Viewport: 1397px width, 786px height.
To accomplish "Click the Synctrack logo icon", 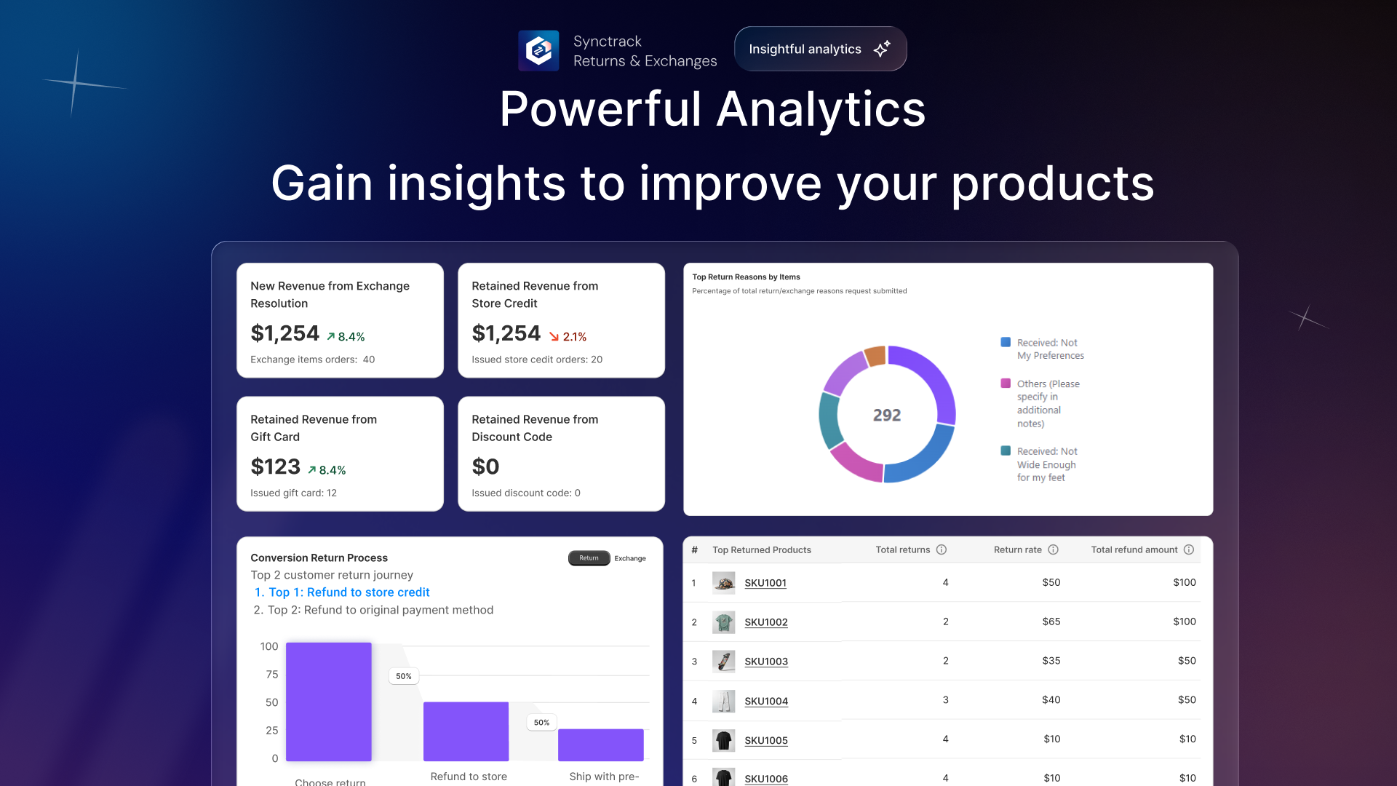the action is (x=538, y=50).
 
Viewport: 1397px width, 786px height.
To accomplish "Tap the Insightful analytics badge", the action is (x=820, y=49).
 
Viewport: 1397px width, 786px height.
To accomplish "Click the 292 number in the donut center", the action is (x=887, y=415).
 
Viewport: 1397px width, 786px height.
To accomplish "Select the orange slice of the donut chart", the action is (x=875, y=357).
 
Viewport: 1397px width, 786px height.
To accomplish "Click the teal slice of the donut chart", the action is (x=830, y=421).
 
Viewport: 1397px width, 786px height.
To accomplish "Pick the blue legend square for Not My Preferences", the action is (x=1006, y=342).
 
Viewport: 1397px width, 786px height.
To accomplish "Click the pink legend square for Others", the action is (x=1006, y=384).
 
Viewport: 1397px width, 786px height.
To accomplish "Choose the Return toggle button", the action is (x=589, y=558).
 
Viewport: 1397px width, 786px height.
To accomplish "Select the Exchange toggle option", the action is (x=630, y=558).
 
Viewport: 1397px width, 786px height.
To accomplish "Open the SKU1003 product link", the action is (x=766, y=662).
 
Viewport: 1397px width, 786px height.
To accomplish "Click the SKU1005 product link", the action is (x=766, y=740).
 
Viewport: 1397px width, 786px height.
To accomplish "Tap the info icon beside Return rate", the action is (x=1053, y=549).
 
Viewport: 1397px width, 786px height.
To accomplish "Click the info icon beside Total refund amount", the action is (x=1189, y=549).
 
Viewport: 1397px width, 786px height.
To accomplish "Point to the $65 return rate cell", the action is (x=1051, y=622).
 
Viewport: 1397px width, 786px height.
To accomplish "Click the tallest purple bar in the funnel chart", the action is (x=329, y=702).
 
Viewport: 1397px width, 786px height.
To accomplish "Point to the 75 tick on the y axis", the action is (x=272, y=675).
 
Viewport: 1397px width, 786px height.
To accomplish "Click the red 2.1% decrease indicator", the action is (x=568, y=337).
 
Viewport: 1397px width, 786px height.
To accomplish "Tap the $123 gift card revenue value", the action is (x=275, y=467).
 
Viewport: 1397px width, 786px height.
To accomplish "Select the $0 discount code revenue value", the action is (x=485, y=467).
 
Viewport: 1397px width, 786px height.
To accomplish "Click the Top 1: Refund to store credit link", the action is (x=342, y=592).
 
